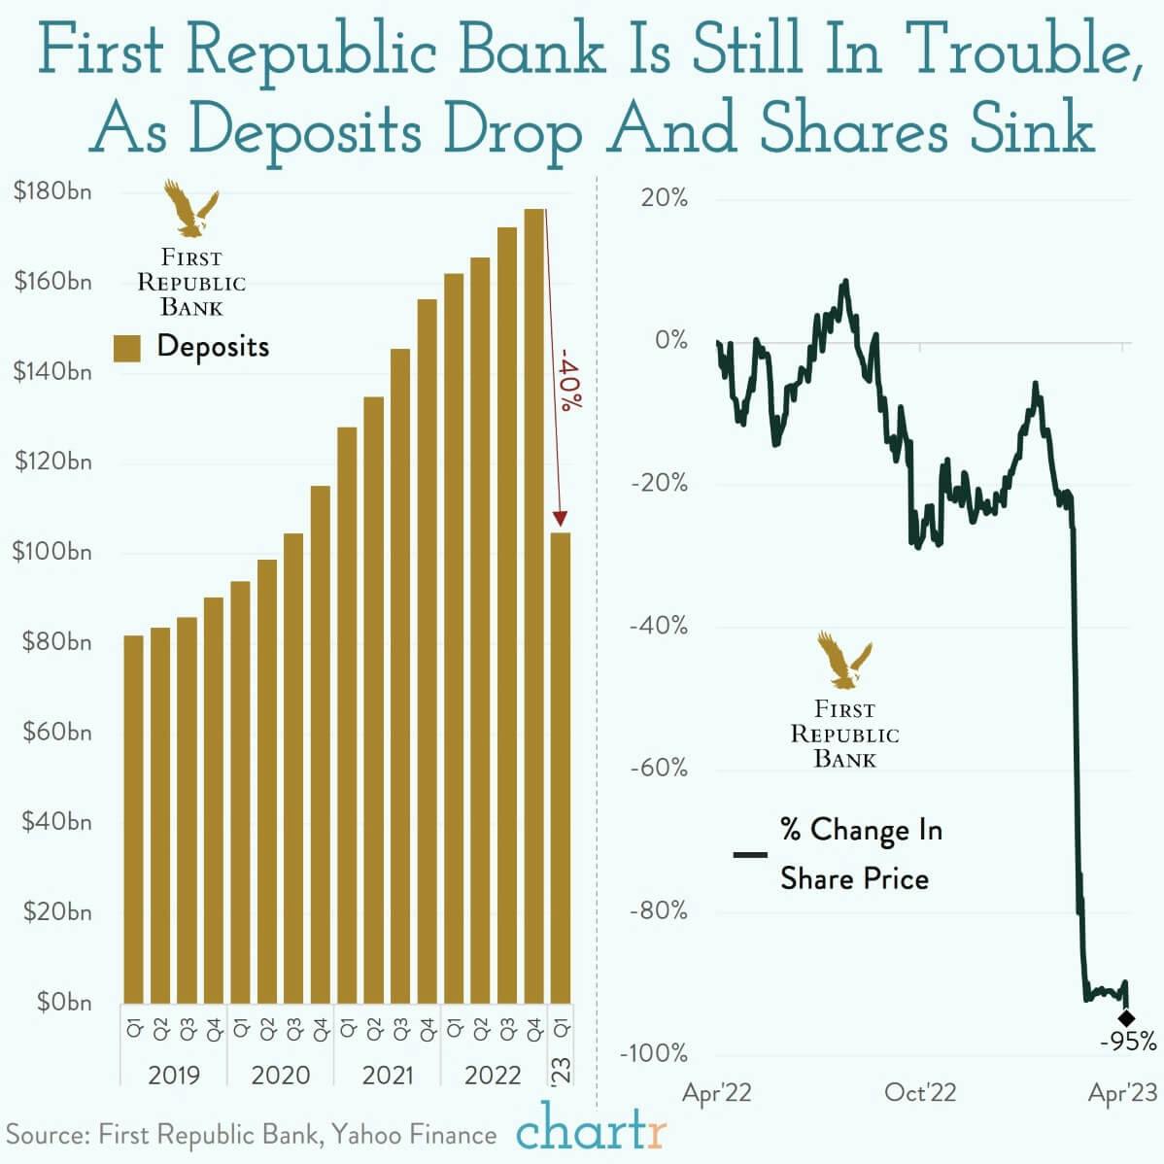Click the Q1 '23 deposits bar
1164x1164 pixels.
(560, 768)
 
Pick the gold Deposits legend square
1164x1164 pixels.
(127, 348)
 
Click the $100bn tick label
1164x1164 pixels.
(52, 552)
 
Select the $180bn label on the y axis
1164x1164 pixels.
(52, 191)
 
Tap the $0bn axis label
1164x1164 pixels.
(64, 1002)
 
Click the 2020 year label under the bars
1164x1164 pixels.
(280, 1076)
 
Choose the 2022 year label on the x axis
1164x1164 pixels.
(493, 1076)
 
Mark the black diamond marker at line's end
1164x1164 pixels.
(1125, 1018)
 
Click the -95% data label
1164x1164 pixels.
(1128, 1043)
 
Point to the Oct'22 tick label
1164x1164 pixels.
(919, 1093)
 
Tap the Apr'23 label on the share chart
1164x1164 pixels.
(1122, 1093)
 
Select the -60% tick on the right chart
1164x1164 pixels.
(658, 769)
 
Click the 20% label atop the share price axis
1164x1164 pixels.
(664, 198)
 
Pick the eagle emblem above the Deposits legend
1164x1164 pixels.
(190, 208)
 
